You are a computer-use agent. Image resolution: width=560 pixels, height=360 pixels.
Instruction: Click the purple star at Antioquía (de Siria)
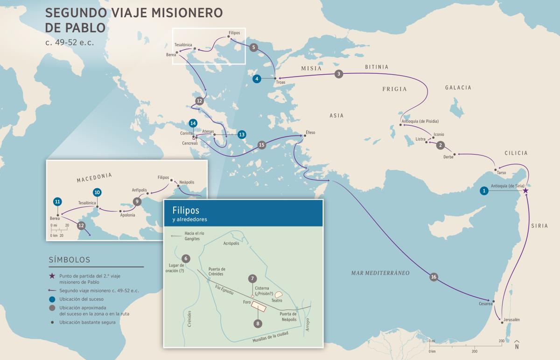525,191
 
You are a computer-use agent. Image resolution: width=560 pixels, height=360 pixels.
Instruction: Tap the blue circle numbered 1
484,191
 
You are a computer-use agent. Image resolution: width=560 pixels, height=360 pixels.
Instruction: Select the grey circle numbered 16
434,277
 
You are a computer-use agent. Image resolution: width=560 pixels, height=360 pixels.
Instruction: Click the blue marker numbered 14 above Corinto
193,123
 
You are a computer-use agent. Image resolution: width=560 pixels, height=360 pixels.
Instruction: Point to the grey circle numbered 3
339,74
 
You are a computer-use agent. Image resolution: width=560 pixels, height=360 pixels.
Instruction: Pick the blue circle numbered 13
241,134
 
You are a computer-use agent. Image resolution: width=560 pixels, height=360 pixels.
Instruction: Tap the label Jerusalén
511,319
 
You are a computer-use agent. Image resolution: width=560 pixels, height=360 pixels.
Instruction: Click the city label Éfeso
310,133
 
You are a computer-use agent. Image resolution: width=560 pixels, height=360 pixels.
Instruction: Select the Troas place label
280,82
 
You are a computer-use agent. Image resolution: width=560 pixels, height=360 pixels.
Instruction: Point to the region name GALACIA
458,87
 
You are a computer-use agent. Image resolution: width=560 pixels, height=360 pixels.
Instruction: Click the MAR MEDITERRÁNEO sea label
380,273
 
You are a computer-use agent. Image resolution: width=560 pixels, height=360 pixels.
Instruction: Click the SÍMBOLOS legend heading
69,260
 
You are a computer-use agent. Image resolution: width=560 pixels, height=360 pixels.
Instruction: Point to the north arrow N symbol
517,346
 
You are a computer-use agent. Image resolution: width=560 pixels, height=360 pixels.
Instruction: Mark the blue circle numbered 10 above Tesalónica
97,192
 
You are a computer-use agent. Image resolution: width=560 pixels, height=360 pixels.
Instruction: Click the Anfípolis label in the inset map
140,190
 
